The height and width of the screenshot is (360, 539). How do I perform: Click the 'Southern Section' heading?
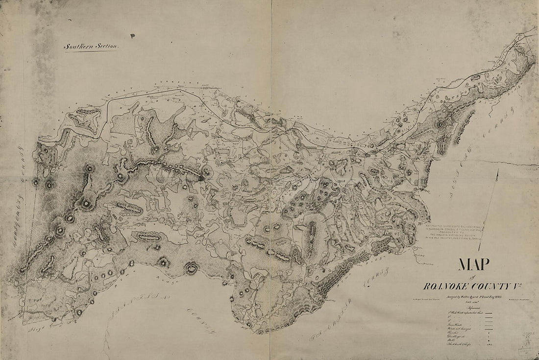92,46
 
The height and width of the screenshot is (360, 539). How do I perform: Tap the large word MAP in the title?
474,264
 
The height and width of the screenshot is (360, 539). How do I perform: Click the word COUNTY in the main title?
492,284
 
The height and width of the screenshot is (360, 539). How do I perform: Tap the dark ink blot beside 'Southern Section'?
132,35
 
